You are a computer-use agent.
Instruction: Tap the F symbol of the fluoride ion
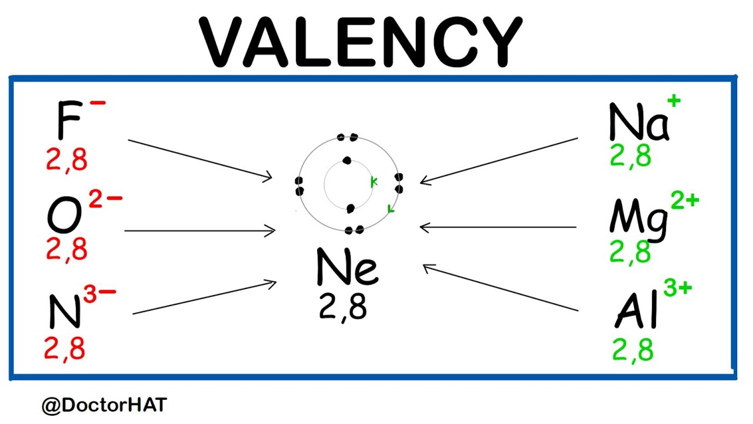(x=68, y=120)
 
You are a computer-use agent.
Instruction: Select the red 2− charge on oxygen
(x=105, y=200)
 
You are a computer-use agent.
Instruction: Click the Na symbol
(x=638, y=122)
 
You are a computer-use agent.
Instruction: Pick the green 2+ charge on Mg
(x=684, y=201)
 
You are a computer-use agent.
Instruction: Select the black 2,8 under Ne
(x=343, y=307)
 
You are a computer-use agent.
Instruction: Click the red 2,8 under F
(x=66, y=159)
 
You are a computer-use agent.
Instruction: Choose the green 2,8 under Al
(x=632, y=349)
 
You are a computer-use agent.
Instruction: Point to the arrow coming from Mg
(x=498, y=227)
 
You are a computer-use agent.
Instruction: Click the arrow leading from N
(x=204, y=298)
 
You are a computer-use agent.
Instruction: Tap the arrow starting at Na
(x=499, y=160)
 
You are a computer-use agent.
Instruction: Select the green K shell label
(x=374, y=183)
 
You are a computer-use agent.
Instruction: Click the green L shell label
(x=391, y=208)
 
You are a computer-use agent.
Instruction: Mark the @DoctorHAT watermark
(x=104, y=405)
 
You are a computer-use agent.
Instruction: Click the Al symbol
(x=636, y=312)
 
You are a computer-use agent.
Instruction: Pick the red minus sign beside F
(x=98, y=104)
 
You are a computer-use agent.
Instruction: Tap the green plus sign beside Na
(x=674, y=101)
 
